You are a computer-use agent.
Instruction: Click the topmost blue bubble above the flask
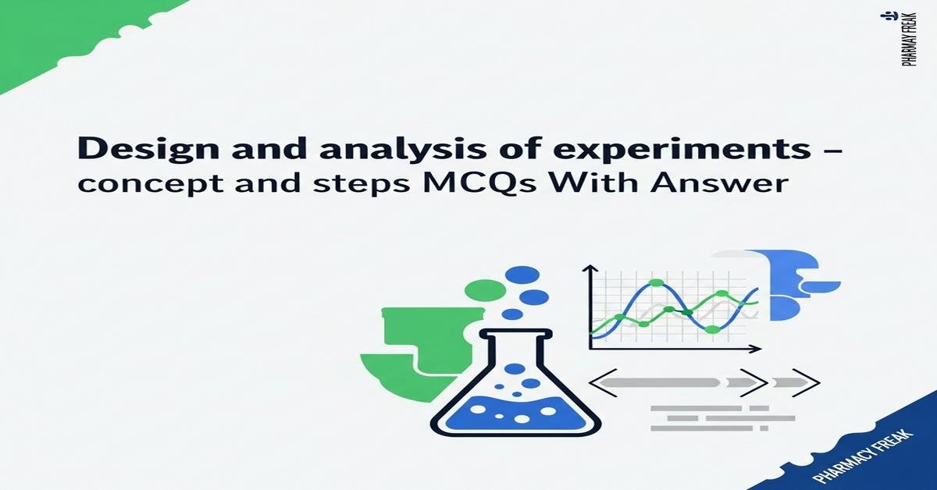522,275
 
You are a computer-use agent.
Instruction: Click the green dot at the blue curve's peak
656,283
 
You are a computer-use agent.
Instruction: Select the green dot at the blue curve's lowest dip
711,330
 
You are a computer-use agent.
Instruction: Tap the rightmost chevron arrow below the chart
809,382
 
